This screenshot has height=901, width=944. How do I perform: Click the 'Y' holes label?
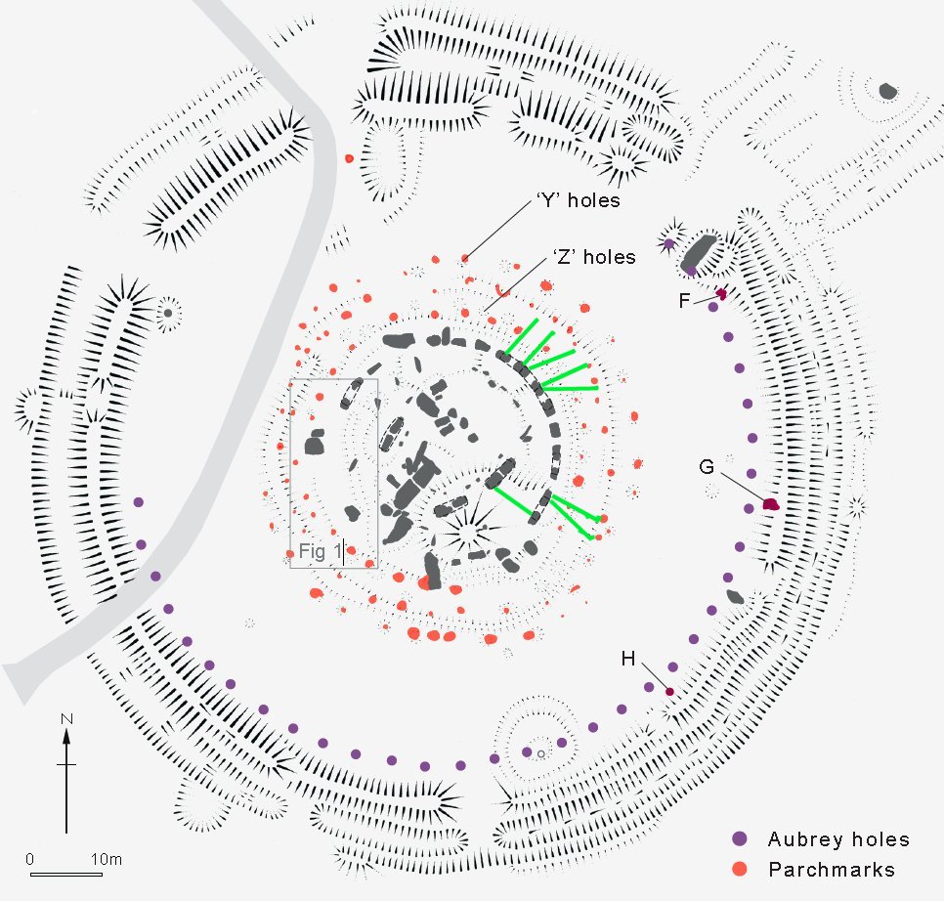[x=579, y=201]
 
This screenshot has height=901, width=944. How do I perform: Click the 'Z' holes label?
[x=590, y=258]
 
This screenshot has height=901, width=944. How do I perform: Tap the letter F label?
[x=685, y=301]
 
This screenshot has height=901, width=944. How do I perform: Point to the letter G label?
[x=707, y=466]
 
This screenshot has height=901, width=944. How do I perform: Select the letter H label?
[x=628, y=660]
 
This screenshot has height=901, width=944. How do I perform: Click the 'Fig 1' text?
[x=321, y=552]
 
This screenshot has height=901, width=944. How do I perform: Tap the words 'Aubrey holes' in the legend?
[x=838, y=839]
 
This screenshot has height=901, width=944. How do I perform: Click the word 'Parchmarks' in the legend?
[x=832, y=869]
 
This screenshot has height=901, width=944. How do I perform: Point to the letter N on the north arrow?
[x=66, y=720]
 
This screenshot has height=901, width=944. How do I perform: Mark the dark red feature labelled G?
[x=770, y=504]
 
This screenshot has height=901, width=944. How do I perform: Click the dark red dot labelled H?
[x=669, y=692]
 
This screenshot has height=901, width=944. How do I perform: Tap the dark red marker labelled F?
[x=721, y=293]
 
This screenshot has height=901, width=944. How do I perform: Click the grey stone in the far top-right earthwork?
[x=887, y=91]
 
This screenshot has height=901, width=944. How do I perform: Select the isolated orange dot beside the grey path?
[x=349, y=158]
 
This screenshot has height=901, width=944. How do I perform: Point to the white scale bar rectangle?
[x=66, y=873]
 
